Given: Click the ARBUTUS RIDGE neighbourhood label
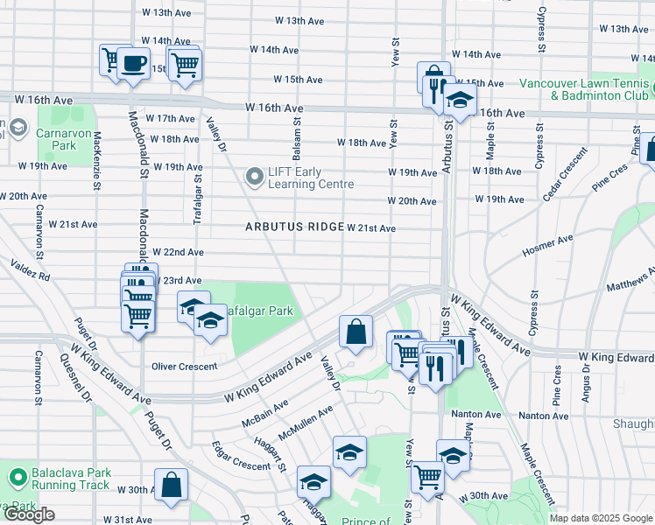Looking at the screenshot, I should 294,227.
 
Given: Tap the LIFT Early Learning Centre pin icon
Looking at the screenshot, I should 255,178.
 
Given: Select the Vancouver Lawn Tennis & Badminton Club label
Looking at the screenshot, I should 583,89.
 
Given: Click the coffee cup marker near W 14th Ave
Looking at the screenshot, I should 133,64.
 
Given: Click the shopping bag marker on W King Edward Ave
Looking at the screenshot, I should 356,332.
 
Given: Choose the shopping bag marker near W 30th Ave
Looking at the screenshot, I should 172,485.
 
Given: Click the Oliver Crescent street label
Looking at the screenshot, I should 184,367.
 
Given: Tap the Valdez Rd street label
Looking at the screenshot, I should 31,269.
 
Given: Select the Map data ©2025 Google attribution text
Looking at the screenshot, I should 601,518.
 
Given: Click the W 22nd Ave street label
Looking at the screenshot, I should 179,252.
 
